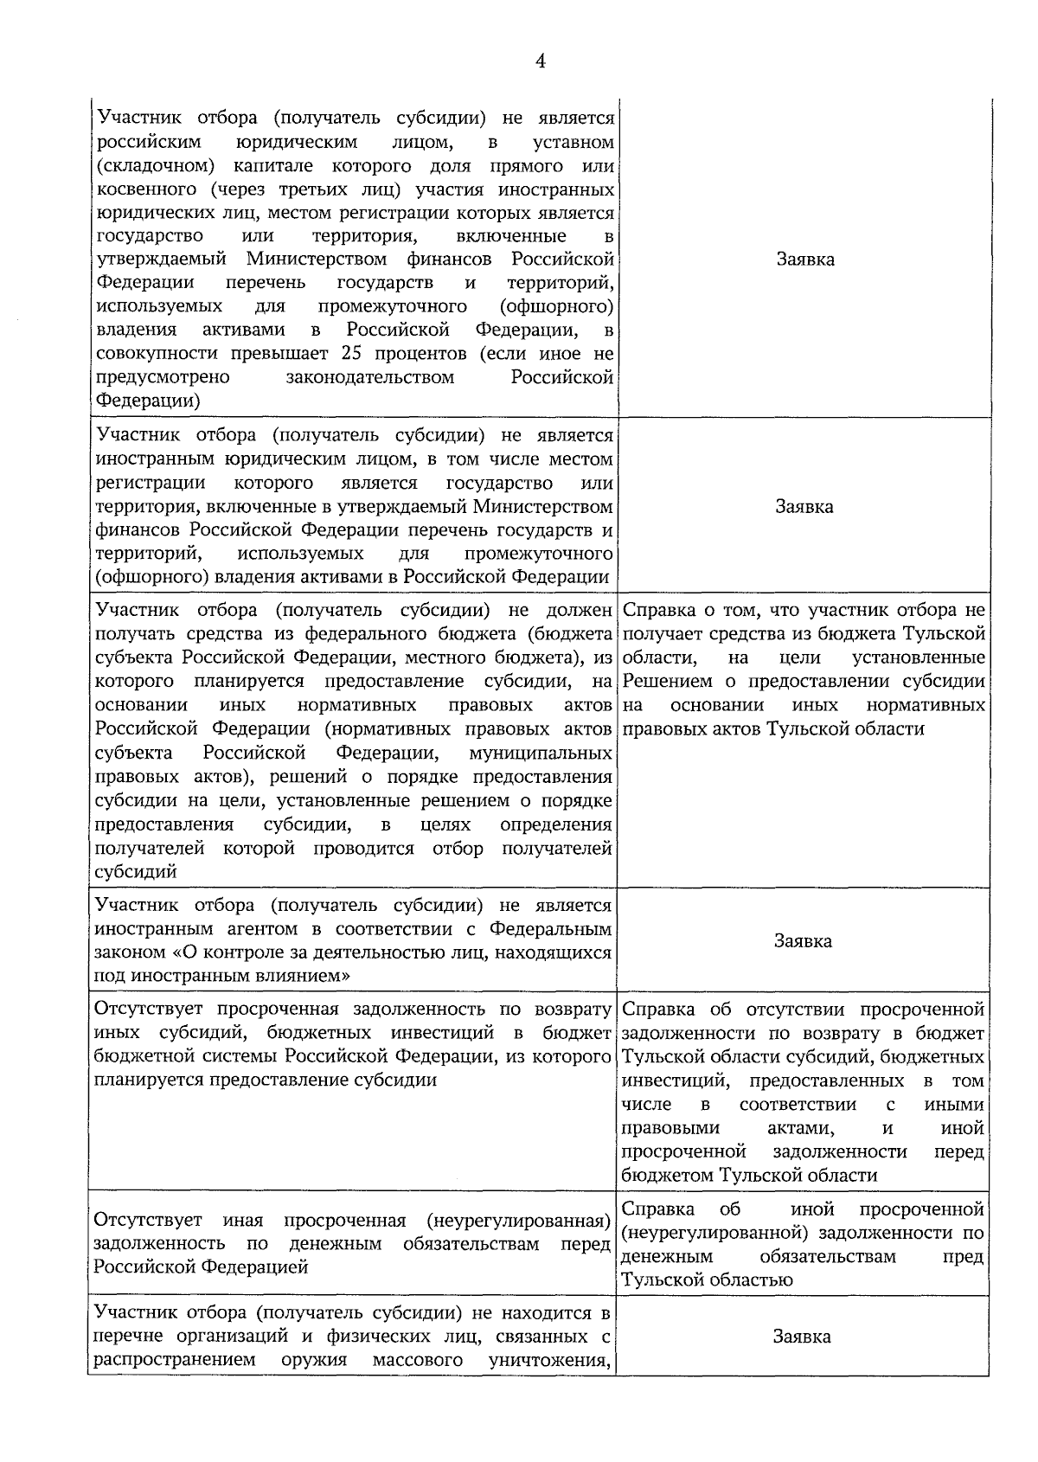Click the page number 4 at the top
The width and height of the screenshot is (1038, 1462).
(x=541, y=61)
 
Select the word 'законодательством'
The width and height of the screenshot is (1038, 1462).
(x=369, y=377)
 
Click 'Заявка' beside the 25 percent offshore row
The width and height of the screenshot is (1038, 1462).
(x=804, y=260)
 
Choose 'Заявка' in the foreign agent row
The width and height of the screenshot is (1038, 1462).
(x=803, y=940)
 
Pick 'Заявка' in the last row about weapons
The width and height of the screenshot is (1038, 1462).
(x=802, y=1337)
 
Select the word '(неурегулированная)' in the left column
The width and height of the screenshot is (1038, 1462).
(x=520, y=1221)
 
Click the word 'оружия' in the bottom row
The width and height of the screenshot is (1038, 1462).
(x=314, y=1359)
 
